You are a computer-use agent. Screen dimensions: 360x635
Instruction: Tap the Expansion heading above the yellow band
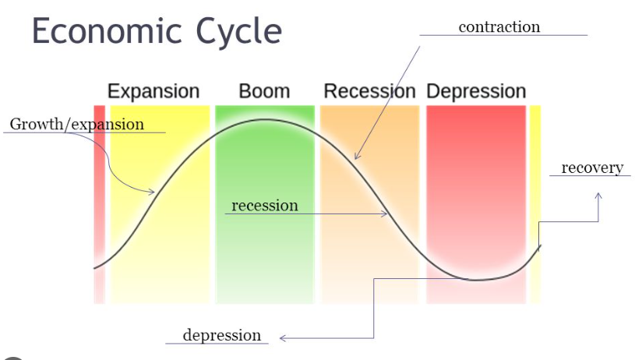click(x=153, y=91)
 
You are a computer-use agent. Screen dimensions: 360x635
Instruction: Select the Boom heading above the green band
click(x=264, y=91)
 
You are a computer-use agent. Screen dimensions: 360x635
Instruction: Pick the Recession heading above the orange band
click(x=369, y=91)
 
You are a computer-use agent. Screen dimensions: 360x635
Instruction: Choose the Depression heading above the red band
click(x=476, y=91)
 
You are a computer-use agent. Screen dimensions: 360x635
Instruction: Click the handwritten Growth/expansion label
click(x=77, y=125)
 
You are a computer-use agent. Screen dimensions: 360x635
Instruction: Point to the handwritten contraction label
click(x=499, y=27)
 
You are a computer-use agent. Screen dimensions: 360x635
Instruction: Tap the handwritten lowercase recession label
click(x=265, y=206)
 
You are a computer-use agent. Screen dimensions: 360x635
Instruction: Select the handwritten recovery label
click(x=592, y=168)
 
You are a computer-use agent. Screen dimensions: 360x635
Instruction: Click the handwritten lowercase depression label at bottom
click(x=222, y=335)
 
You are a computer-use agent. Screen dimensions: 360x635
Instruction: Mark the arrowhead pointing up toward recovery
click(x=598, y=196)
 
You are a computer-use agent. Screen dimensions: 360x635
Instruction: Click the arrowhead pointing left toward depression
click(x=282, y=338)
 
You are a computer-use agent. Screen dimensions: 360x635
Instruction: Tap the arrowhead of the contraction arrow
click(x=356, y=157)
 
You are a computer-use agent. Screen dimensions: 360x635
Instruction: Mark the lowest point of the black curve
click(x=477, y=279)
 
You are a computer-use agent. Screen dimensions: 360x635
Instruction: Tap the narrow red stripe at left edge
click(x=99, y=203)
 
